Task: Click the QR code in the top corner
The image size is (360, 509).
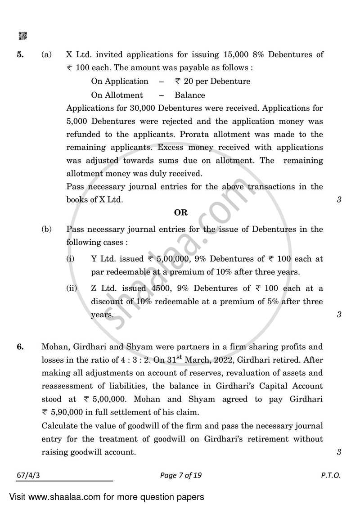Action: [22, 36]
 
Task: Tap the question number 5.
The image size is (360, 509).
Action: [20, 55]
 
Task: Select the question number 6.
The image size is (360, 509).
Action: [20, 347]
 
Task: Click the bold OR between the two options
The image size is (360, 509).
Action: [180, 212]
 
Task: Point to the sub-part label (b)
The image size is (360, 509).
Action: [47, 229]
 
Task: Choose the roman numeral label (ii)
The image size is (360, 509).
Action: [72, 288]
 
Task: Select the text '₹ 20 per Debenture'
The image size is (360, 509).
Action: [212, 81]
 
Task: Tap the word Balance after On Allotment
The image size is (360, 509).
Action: [189, 95]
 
